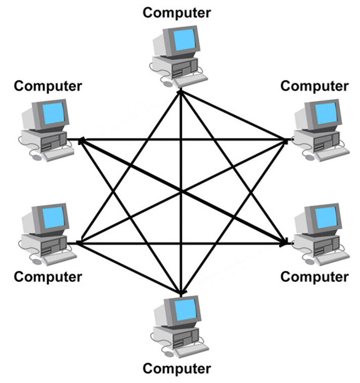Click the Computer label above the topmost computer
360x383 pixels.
tap(177, 13)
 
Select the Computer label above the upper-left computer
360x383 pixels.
tap(48, 86)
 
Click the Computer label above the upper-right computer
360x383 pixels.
tap(314, 86)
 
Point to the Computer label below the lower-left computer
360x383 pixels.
tap(48, 276)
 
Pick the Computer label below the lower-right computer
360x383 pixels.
tap(314, 276)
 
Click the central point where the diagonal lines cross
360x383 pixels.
tap(181, 191)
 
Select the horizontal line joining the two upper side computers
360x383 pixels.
tap(182, 139)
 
